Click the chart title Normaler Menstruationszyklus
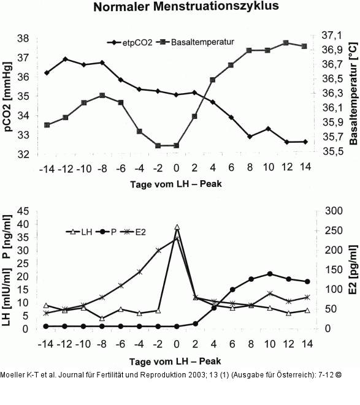pyautogui.click(x=186, y=6)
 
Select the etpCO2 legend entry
pyautogui.click(x=130, y=42)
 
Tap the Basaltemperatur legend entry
pyautogui.click(x=195, y=42)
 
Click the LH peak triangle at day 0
pyautogui.click(x=177, y=227)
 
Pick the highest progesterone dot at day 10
pyautogui.click(x=270, y=274)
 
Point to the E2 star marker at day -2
pyautogui.click(x=158, y=250)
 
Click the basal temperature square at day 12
pyautogui.click(x=286, y=43)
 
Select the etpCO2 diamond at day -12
pyautogui.click(x=66, y=59)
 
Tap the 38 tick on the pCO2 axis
pyautogui.click(x=23, y=39)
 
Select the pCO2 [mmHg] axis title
pyautogui.click(x=8, y=97)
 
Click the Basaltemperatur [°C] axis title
pyautogui.click(x=353, y=94)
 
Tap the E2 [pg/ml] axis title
pyautogui.click(x=353, y=270)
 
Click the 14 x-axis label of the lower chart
pyautogui.click(x=307, y=344)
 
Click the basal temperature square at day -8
pyautogui.click(x=102, y=96)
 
